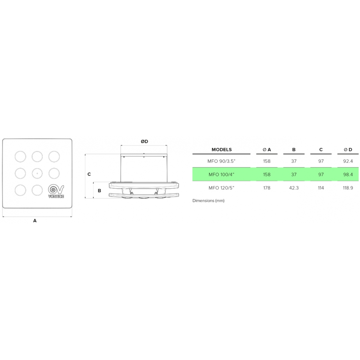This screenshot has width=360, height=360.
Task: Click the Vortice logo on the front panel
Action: [x=56, y=191]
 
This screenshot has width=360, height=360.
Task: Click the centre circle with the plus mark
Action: [x=37, y=174]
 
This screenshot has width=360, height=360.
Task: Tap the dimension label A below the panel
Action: [x=35, y=221]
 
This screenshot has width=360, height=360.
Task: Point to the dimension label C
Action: [x=89, y=174]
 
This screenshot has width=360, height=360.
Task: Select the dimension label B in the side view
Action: [x=99, y=190]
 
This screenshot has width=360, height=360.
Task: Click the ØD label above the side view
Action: [x=144, y=141]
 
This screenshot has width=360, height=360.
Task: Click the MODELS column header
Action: [x=221, y=149]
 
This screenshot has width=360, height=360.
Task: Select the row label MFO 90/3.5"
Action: [x=221, y=161]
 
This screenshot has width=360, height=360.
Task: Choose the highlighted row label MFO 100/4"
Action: [x=221, y=175]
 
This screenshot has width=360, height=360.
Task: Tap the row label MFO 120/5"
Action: [x=221, y=188]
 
